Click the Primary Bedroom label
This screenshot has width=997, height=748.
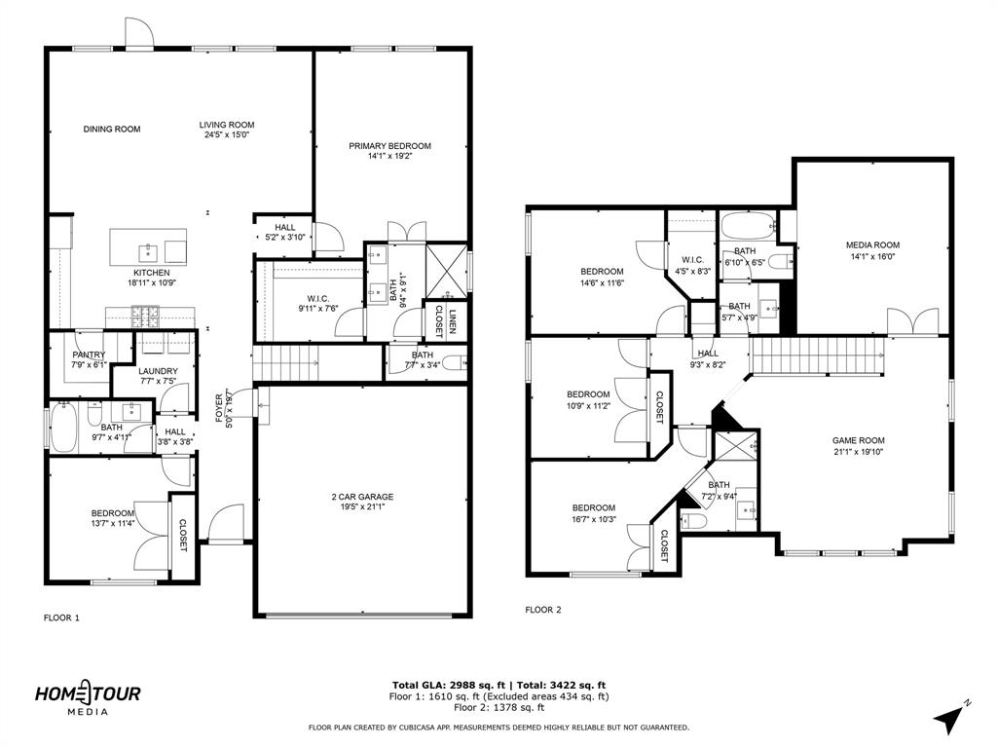pyautogui.click(x=389, y=146)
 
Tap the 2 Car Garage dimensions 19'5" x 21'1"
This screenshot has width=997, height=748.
pyautogui.click(x=362, y=507)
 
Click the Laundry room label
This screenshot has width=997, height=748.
pyautogui.click(x=158, y=371)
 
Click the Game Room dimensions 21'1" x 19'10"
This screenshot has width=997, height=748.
pyautogui.click(x=858, y=451)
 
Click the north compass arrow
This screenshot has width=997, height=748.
pyautogui.click(x=950, y=718)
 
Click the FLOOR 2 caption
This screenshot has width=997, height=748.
pyautogui.click(x=543, y=610)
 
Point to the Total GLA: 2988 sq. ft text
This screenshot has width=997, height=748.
pyautogui.click(x=444, y=685)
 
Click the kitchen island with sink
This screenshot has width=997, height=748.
pyautogui.click(x=147, y=243)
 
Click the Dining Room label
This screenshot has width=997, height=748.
pyautogui.click(x=111, y=129)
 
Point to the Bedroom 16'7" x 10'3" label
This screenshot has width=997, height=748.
pyautogui.click(x=593, y=507)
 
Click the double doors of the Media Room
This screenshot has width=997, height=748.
pyautogui.click(x=913, y=322)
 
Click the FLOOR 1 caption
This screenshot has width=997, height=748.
pyautogui.click(x=61, y=617)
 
